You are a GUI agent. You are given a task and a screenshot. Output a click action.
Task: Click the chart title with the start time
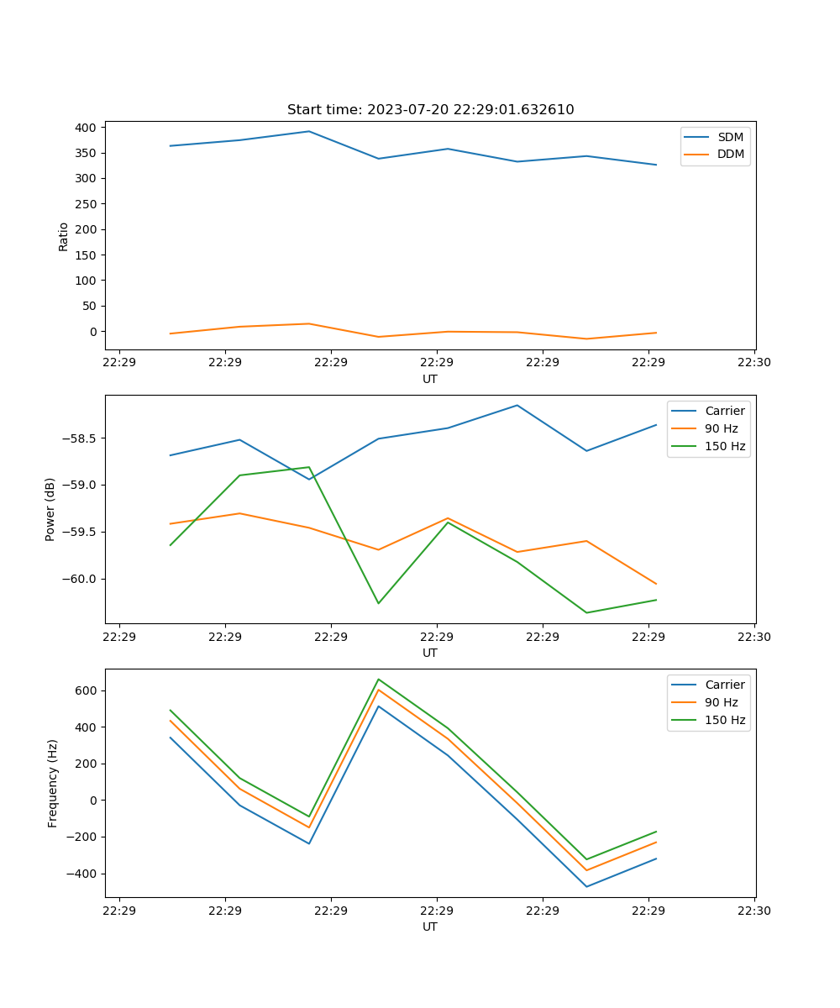point(430,110)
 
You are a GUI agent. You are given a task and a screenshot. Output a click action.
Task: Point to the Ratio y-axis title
point(64,236)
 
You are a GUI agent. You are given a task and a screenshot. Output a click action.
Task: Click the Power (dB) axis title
point(50,509)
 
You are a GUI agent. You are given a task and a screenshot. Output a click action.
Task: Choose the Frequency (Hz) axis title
point(52,783)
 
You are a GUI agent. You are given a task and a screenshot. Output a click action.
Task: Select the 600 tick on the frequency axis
point(87,690)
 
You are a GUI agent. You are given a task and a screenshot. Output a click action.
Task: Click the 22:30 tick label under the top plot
point(754,362)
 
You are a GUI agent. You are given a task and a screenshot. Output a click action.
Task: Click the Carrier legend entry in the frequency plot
point(724,685)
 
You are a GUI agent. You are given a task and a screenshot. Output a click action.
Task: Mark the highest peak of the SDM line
point(309,131)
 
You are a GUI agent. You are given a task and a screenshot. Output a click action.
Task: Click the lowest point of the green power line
point(586,612)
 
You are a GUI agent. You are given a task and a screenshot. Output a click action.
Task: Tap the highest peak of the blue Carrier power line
point(517,405)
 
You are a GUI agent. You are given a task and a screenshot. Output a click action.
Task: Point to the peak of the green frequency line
point(378,679)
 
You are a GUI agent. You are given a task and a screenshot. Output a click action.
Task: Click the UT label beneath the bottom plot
point(430,927)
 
